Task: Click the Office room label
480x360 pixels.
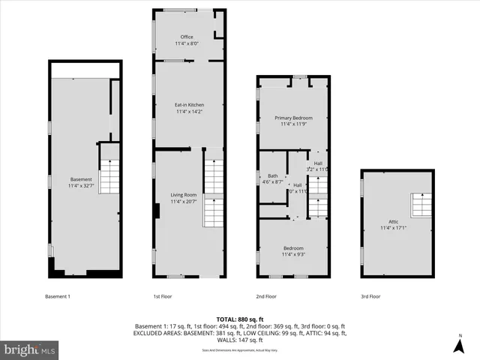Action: (x=187, y=37)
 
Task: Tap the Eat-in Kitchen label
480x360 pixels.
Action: (x=190, y=104)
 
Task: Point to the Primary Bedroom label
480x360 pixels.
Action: (x=293, y=118)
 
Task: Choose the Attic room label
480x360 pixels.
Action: (x=393, y=222)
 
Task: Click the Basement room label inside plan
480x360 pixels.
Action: (x=81, y=179)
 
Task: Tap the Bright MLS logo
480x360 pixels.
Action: (x=30, y=349)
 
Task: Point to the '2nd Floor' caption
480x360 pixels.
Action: (x=267, y=296)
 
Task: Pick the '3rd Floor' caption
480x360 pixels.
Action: (x=370, y=296)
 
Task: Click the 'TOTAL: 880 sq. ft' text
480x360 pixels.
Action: (x=239, y=319)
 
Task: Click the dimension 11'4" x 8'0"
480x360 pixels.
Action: (x=187, y=43)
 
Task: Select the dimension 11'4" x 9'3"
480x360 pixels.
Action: (x=293, y=254)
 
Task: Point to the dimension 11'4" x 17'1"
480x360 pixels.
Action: (x=393, y=229)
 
